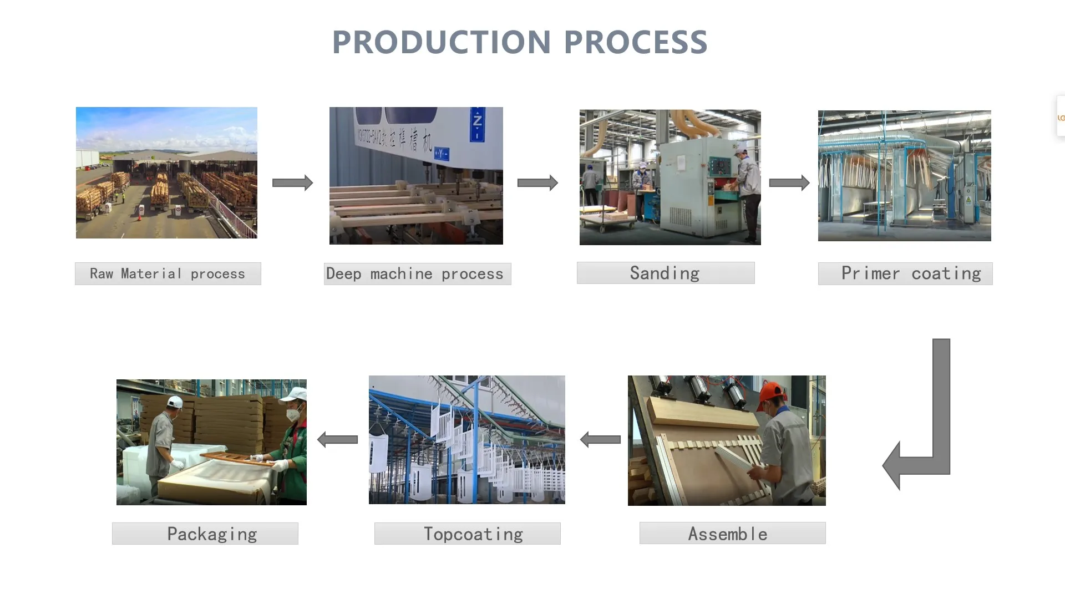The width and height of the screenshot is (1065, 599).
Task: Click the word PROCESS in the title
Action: click(636, 42)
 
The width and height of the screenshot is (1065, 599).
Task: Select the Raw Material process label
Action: click(168, 274)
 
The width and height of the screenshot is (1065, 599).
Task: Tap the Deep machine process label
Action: click(417, 274)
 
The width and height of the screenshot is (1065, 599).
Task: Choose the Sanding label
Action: click(665, 273)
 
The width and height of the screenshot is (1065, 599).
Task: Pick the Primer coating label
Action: click(905, 273)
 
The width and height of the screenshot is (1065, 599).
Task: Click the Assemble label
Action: click(732, 533)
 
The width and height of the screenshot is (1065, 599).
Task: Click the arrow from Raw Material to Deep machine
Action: click(292, 183)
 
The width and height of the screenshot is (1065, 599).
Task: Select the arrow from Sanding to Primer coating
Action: click(789, 183)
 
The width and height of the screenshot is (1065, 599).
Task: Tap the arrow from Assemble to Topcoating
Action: click(600, 440)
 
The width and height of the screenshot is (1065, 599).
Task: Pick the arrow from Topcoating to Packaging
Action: click(337, 440)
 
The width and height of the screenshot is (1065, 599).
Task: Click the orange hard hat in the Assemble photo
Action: click(770, 391)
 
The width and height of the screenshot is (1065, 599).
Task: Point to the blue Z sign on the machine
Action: click(477, 123)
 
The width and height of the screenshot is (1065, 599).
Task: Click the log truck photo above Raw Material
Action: click(166, 172)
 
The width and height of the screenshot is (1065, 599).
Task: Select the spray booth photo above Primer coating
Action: click(904, 175)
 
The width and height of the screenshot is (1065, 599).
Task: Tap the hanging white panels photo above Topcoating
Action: click(466, 439)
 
